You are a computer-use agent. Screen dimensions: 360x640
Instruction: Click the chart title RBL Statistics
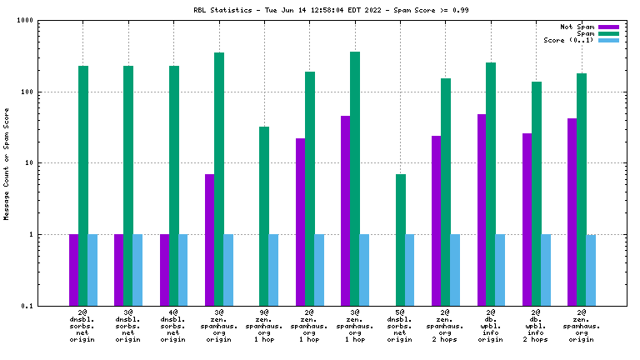[320, 10]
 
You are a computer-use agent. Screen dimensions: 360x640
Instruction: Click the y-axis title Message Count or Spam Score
[7, 163]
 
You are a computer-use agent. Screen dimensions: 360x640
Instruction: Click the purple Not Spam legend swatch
[609, 27]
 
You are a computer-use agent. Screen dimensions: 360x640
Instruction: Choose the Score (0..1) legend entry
[568, 40]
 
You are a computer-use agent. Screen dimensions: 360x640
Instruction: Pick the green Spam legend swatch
[609, 34]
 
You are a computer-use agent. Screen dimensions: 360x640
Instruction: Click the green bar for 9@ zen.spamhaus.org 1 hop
[264, 216]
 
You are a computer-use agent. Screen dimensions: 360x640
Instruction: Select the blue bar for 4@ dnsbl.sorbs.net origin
[183, 270]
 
